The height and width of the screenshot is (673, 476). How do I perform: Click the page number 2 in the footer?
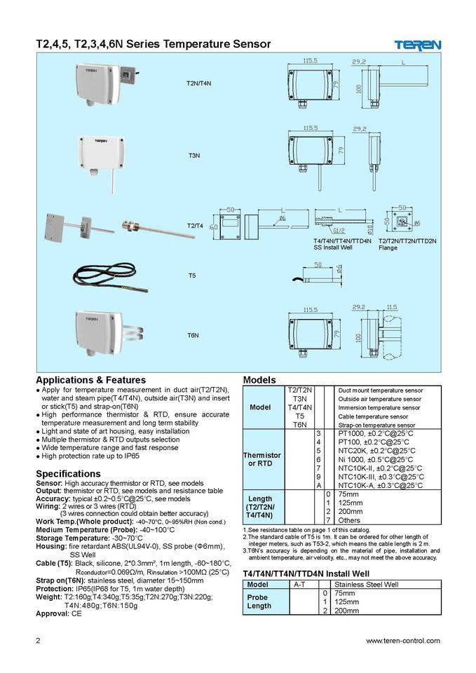click(x=39, y=640)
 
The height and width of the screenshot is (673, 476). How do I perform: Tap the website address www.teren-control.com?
click(x=403, y=640)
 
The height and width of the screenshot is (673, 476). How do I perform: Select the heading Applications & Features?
click(x=90, y=380)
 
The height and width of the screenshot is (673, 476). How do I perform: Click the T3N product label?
click(x=194, y=154)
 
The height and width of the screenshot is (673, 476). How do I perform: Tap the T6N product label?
click(x=193, y=336)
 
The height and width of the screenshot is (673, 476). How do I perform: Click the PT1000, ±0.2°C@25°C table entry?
click(x=376, y=433)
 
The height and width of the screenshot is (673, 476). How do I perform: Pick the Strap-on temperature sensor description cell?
click(x=380, y=425)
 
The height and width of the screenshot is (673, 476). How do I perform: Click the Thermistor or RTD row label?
click(x=261, y=459)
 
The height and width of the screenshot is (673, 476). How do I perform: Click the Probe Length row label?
click(x=259, y=601)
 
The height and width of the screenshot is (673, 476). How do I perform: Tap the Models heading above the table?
click(x=259, y=380)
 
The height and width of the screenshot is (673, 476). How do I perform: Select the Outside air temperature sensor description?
click(x=380, y=399)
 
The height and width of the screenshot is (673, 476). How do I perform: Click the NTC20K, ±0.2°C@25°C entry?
click(x=376, y=451)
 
